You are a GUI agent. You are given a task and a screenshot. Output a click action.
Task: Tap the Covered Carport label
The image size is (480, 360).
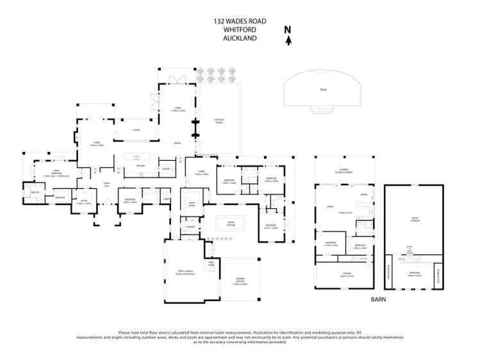(x=240, y=280)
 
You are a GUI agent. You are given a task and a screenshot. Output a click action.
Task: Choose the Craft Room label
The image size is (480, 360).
(x=191, y=203)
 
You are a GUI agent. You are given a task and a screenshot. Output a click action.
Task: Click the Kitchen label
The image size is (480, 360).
(x=140, y=167)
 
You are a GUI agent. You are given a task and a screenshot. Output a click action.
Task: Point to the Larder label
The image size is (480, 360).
(x=165, y=168)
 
